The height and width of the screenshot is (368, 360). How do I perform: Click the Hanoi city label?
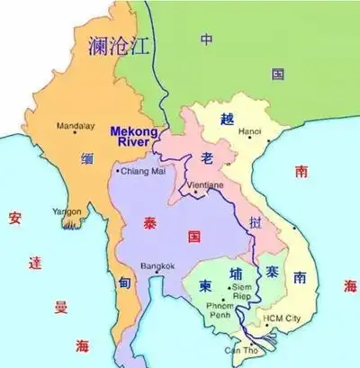249,132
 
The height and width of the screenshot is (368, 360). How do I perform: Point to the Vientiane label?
205,185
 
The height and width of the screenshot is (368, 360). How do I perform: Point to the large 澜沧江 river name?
116,47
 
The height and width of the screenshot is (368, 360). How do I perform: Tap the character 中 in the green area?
207,40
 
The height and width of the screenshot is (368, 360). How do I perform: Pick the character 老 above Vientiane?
208,159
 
